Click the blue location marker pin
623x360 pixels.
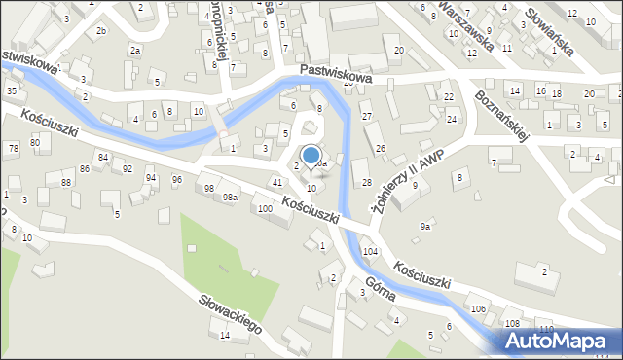tap(311, 156)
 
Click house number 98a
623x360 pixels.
tap(230, 197)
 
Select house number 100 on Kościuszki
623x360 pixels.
tap(264, 209)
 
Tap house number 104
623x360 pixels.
tap(370, 251)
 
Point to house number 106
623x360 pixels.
tap(478, 308)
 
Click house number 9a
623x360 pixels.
tap(424, 226)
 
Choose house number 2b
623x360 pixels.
tap(101, 31)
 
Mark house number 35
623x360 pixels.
tap(12, 90)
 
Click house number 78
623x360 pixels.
tap(13, 148)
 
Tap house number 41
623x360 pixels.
tap(277, 182)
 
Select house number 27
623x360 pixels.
tap(367, 117)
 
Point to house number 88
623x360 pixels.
tap(66, 182)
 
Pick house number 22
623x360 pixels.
tap(449, 97)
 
